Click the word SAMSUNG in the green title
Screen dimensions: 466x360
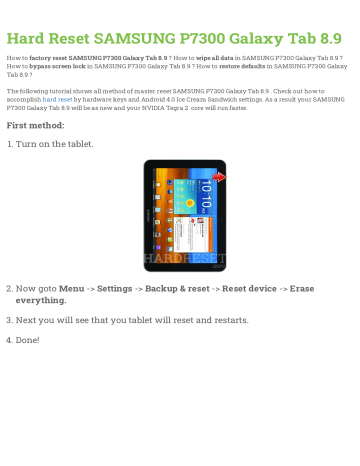click(135, 40)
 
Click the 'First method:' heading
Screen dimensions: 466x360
click(35, 126)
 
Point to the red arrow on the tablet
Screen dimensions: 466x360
click(219, 178)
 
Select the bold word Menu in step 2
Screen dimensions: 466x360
click(71, 288)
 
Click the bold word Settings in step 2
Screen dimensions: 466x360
click(113, 288)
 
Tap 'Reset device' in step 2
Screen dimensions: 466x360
click(249, 288)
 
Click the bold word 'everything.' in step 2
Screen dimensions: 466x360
click(41, 300)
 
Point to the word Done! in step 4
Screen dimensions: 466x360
click(27, 340)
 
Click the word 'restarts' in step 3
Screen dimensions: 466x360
click(230, 320)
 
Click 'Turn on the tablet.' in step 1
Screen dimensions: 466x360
click(55, 145)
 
